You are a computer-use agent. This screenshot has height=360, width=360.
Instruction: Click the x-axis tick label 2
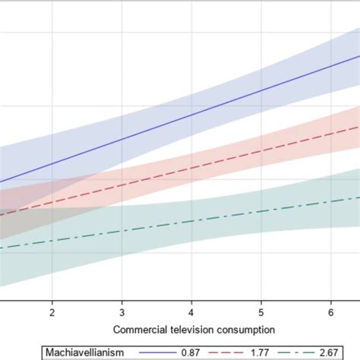click(x=52, y=312)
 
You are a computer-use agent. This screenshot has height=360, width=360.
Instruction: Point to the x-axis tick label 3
click(x=122, y=312)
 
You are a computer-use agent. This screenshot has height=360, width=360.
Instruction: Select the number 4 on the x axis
click(x=191, y=312)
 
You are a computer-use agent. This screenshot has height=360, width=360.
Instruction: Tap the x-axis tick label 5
click(x=261, y=312)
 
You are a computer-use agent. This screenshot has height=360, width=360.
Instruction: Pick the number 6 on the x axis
click(x=330, y=312)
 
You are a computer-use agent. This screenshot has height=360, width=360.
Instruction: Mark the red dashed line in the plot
click(x=190, y=169)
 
